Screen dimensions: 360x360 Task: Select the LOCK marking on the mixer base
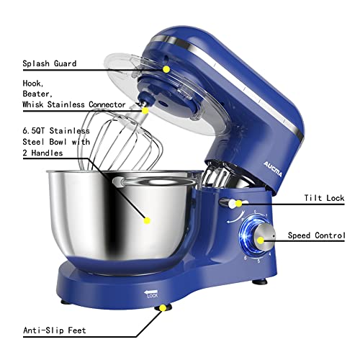pos(152,295)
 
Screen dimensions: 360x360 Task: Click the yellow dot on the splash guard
pos(166,69)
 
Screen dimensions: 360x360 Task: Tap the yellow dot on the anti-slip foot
pos(163,309)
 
